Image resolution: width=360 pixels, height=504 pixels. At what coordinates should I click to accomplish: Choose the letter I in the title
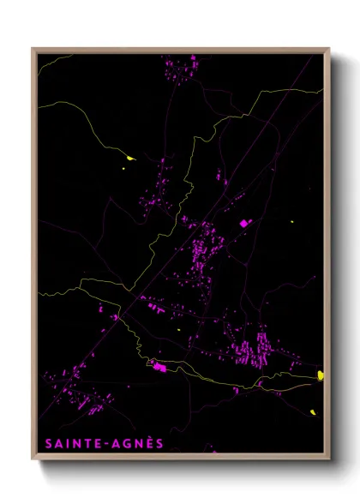pyautogui.click(x=65, y=443)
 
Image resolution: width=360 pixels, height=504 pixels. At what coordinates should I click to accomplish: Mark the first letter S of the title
pyautogui.click(x=45, y=443)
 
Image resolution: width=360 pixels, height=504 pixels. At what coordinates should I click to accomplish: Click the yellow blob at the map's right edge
pyautogui.click(x=321, y=375)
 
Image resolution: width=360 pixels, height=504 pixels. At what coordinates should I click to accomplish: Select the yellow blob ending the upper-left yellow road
pyautogui.click(x=130, y=158)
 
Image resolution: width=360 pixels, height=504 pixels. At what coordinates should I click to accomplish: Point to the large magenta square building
pyautogui.click(x=243, y=223)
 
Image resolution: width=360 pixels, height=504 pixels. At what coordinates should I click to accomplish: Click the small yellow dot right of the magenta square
pyautogui.click(x=291, y=223)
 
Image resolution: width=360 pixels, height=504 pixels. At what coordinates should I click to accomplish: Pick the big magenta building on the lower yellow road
pyautogui.click(x=159, y=368)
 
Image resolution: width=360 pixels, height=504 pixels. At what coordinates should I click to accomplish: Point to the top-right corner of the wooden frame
pyautogui.click(x=328, y=49)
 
